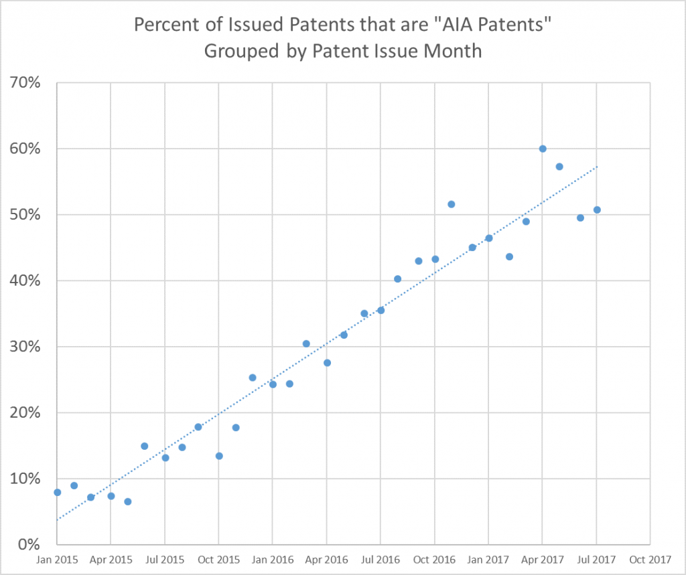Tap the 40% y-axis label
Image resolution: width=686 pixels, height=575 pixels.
[26, 281]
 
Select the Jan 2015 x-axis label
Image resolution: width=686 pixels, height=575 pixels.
[57, 559]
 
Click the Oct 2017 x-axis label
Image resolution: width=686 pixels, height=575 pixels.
[650, 559]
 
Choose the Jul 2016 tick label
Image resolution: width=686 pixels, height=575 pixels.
[381, 559]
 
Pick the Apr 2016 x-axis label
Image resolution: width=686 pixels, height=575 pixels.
[326, 559]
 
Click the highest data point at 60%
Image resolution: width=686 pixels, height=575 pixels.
[543, 149]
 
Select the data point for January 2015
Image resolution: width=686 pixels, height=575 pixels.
[58, 492]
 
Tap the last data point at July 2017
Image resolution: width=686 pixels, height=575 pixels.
[597, 210]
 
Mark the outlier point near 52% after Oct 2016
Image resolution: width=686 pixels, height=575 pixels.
[451, 204]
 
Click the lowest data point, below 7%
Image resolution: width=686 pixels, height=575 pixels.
[128, 501]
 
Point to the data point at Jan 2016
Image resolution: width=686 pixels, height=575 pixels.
[273, 384]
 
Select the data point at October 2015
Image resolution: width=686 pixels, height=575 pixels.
[219, 456]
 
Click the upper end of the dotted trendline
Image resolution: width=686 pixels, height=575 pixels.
[596, 167]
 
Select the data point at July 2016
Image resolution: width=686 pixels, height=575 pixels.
[381, 310]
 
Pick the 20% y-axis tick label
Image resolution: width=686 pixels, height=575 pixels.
[26, 413]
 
